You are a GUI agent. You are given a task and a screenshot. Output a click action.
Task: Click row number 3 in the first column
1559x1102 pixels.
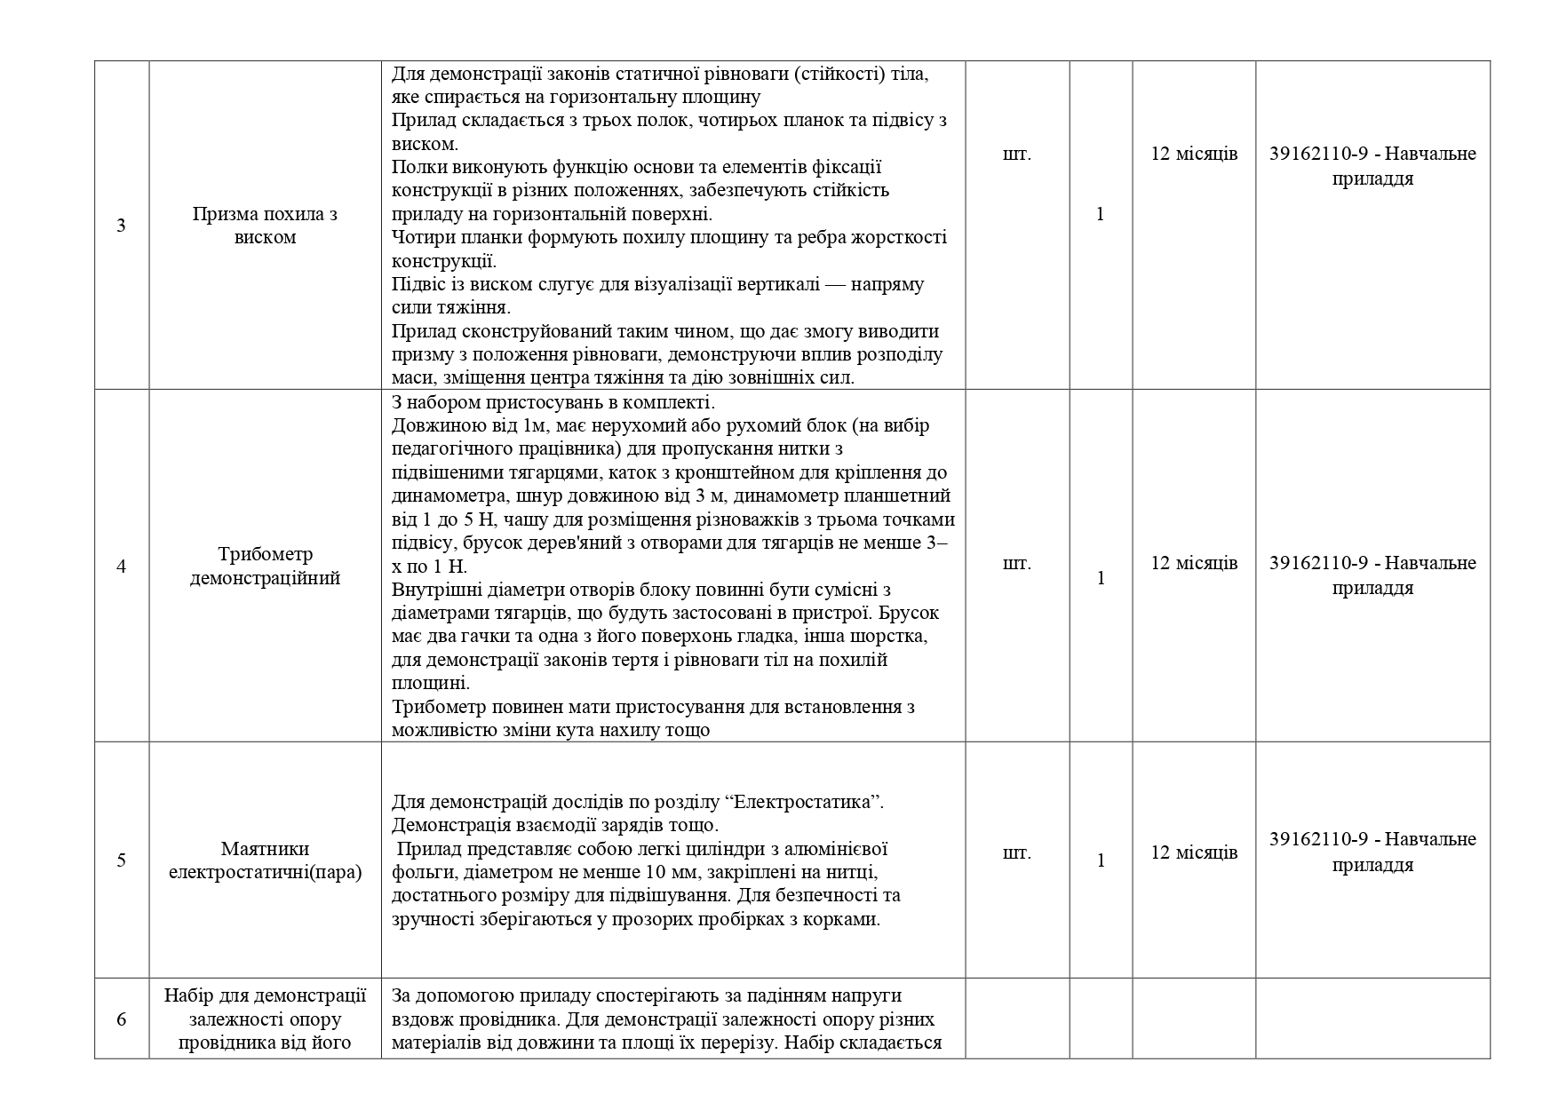tap(121, 226)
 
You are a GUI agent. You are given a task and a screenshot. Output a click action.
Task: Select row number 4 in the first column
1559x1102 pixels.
tap(121, 567)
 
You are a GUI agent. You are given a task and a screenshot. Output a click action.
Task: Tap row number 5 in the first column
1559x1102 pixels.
tap(121, 860)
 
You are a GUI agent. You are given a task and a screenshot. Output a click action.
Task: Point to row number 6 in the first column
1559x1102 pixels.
tap(121, 1019)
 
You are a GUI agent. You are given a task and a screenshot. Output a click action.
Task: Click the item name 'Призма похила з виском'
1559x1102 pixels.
tap(265, 226)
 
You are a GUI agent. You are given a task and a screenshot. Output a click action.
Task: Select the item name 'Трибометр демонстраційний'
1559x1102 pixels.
tap(265, 567)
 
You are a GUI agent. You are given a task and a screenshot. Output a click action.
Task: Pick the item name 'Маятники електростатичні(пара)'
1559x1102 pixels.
tap(265, 860)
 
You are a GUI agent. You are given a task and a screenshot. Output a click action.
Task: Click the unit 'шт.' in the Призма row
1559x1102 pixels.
tap(1016, 154)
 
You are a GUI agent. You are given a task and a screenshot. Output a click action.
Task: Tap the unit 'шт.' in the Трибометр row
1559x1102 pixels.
tap(1016, 563)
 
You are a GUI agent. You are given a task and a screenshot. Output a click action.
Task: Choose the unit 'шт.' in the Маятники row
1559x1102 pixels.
tap(1016, 852)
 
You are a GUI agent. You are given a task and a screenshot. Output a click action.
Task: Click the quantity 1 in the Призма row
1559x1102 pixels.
tap(1100, 214)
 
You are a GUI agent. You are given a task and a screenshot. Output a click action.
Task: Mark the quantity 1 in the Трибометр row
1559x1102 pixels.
tap(1100, 578)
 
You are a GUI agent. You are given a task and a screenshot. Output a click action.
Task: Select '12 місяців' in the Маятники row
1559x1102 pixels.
tap(1194, 852)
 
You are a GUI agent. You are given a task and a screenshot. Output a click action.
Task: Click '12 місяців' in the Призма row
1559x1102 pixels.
tap(1194, 154)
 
